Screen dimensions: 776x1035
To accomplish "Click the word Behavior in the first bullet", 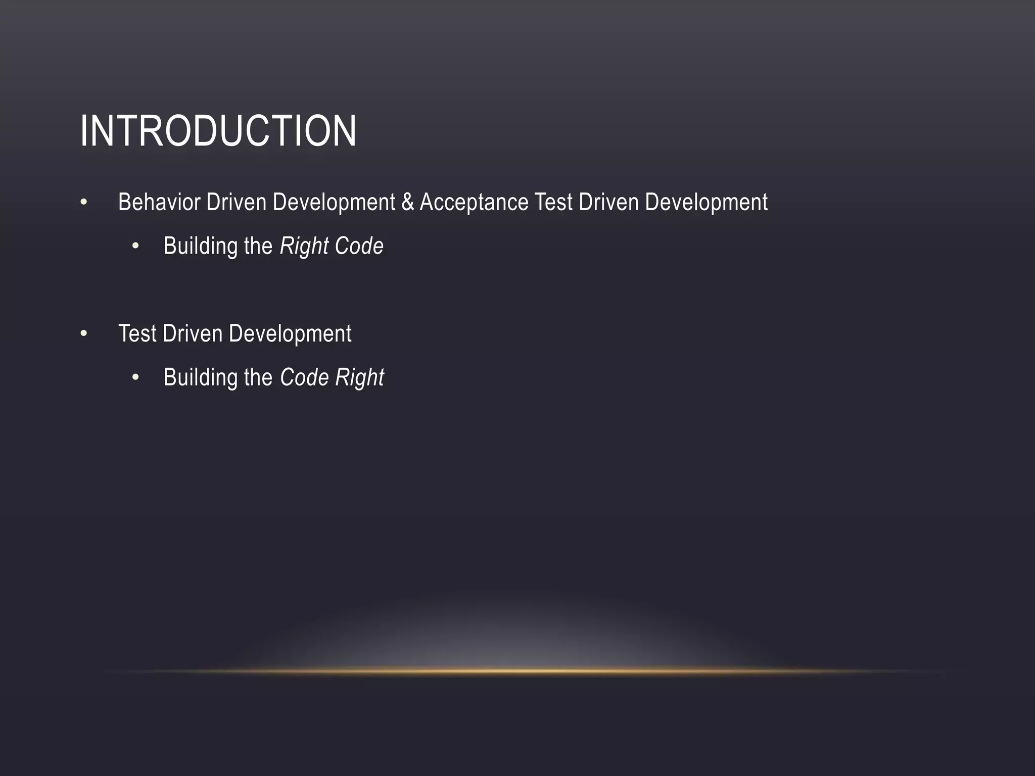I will click(159, 202).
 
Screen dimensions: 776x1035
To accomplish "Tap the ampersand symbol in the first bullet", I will click(407, 202).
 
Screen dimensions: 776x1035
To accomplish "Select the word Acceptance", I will click(474, 202).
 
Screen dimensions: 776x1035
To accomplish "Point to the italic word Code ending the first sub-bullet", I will click(359, 246).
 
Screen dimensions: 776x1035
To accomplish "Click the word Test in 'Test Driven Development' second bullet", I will click(137, 333).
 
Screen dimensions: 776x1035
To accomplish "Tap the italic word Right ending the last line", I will click(359, 377).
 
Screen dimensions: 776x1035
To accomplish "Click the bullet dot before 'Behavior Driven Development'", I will click(84, 203).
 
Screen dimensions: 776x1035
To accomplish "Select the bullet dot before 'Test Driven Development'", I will click(84, 334).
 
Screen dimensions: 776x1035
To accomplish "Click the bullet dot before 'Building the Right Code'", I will click(135, 247).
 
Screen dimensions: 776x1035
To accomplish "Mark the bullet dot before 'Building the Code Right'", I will click(135, 378).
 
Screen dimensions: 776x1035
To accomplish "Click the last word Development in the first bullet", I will click(706, 202).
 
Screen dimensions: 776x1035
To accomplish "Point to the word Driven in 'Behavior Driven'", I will click(236, 202).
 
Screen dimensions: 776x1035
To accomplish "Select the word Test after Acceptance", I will click(553, 202).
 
